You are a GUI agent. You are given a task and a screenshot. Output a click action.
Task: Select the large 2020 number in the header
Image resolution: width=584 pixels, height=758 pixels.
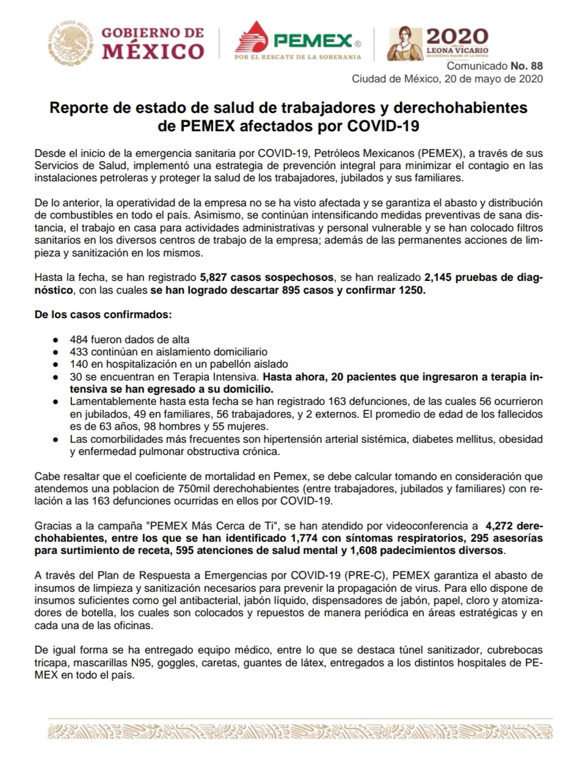457,35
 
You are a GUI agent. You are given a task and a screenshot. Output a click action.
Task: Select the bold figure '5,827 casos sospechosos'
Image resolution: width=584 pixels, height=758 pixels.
267,277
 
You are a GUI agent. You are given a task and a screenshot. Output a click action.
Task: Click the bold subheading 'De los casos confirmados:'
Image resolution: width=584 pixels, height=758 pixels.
103,315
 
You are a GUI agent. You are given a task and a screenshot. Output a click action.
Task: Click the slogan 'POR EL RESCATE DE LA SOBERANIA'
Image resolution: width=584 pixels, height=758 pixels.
297,57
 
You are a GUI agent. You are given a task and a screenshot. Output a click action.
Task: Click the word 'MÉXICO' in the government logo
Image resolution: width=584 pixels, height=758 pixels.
153,51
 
